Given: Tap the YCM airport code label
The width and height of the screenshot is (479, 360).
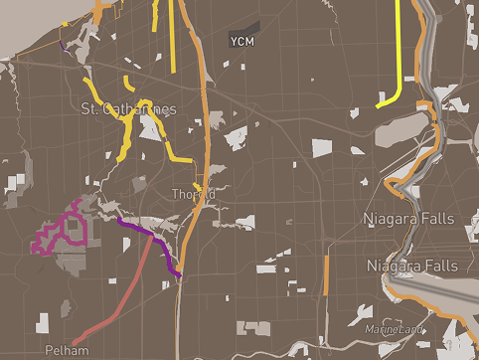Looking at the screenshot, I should click(x=241, y=42).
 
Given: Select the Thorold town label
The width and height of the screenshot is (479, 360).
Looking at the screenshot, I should click(x=192, y=195).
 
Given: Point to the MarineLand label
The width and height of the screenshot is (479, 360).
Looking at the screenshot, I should click(x=393, y=329).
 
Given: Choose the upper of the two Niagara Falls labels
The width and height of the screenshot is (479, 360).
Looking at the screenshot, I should click(x=408, y=218).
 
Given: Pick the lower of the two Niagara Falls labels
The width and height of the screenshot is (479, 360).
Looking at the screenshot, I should click(x=412, y=267).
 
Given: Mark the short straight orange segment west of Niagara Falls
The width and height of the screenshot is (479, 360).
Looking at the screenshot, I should click(x=326, y=273).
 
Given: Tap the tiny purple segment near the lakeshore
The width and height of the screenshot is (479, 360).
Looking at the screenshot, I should click(x=63, y=45).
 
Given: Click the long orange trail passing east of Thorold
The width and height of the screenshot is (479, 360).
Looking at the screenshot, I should click(x=203, y=129).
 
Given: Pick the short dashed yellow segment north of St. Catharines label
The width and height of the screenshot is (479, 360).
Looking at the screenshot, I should click(x=128, y=81).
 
